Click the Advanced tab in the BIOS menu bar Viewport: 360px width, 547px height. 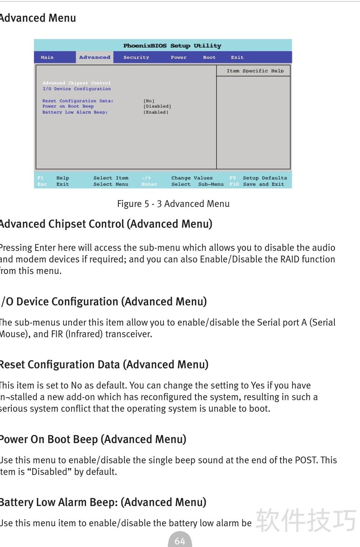[94, 58]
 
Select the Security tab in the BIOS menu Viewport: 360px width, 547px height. [136, 58]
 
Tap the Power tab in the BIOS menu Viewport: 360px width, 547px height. [179, 58]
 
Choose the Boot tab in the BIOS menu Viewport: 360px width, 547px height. [209, 58]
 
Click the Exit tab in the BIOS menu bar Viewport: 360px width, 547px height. [237, 58]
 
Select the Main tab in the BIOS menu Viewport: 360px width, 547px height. [47, 58]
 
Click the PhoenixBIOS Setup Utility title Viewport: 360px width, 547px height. [172, 46]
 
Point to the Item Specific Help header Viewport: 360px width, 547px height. [255, 71]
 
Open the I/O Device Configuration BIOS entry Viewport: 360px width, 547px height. [76, 89]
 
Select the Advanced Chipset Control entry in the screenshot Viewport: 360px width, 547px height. [76, 83]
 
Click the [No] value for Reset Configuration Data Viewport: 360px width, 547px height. [149, 101]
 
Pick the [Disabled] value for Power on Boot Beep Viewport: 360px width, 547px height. [157, 107]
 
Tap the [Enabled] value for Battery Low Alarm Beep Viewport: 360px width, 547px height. [156, 112]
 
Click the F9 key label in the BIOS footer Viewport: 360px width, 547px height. [233, 178]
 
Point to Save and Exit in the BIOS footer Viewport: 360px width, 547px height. [263, 184]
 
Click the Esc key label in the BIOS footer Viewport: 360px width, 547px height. [42, 184]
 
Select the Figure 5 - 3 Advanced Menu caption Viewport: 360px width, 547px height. [173, 204]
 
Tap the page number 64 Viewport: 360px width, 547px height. [180, 541]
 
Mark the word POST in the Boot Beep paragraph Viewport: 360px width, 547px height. [306, 460]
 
